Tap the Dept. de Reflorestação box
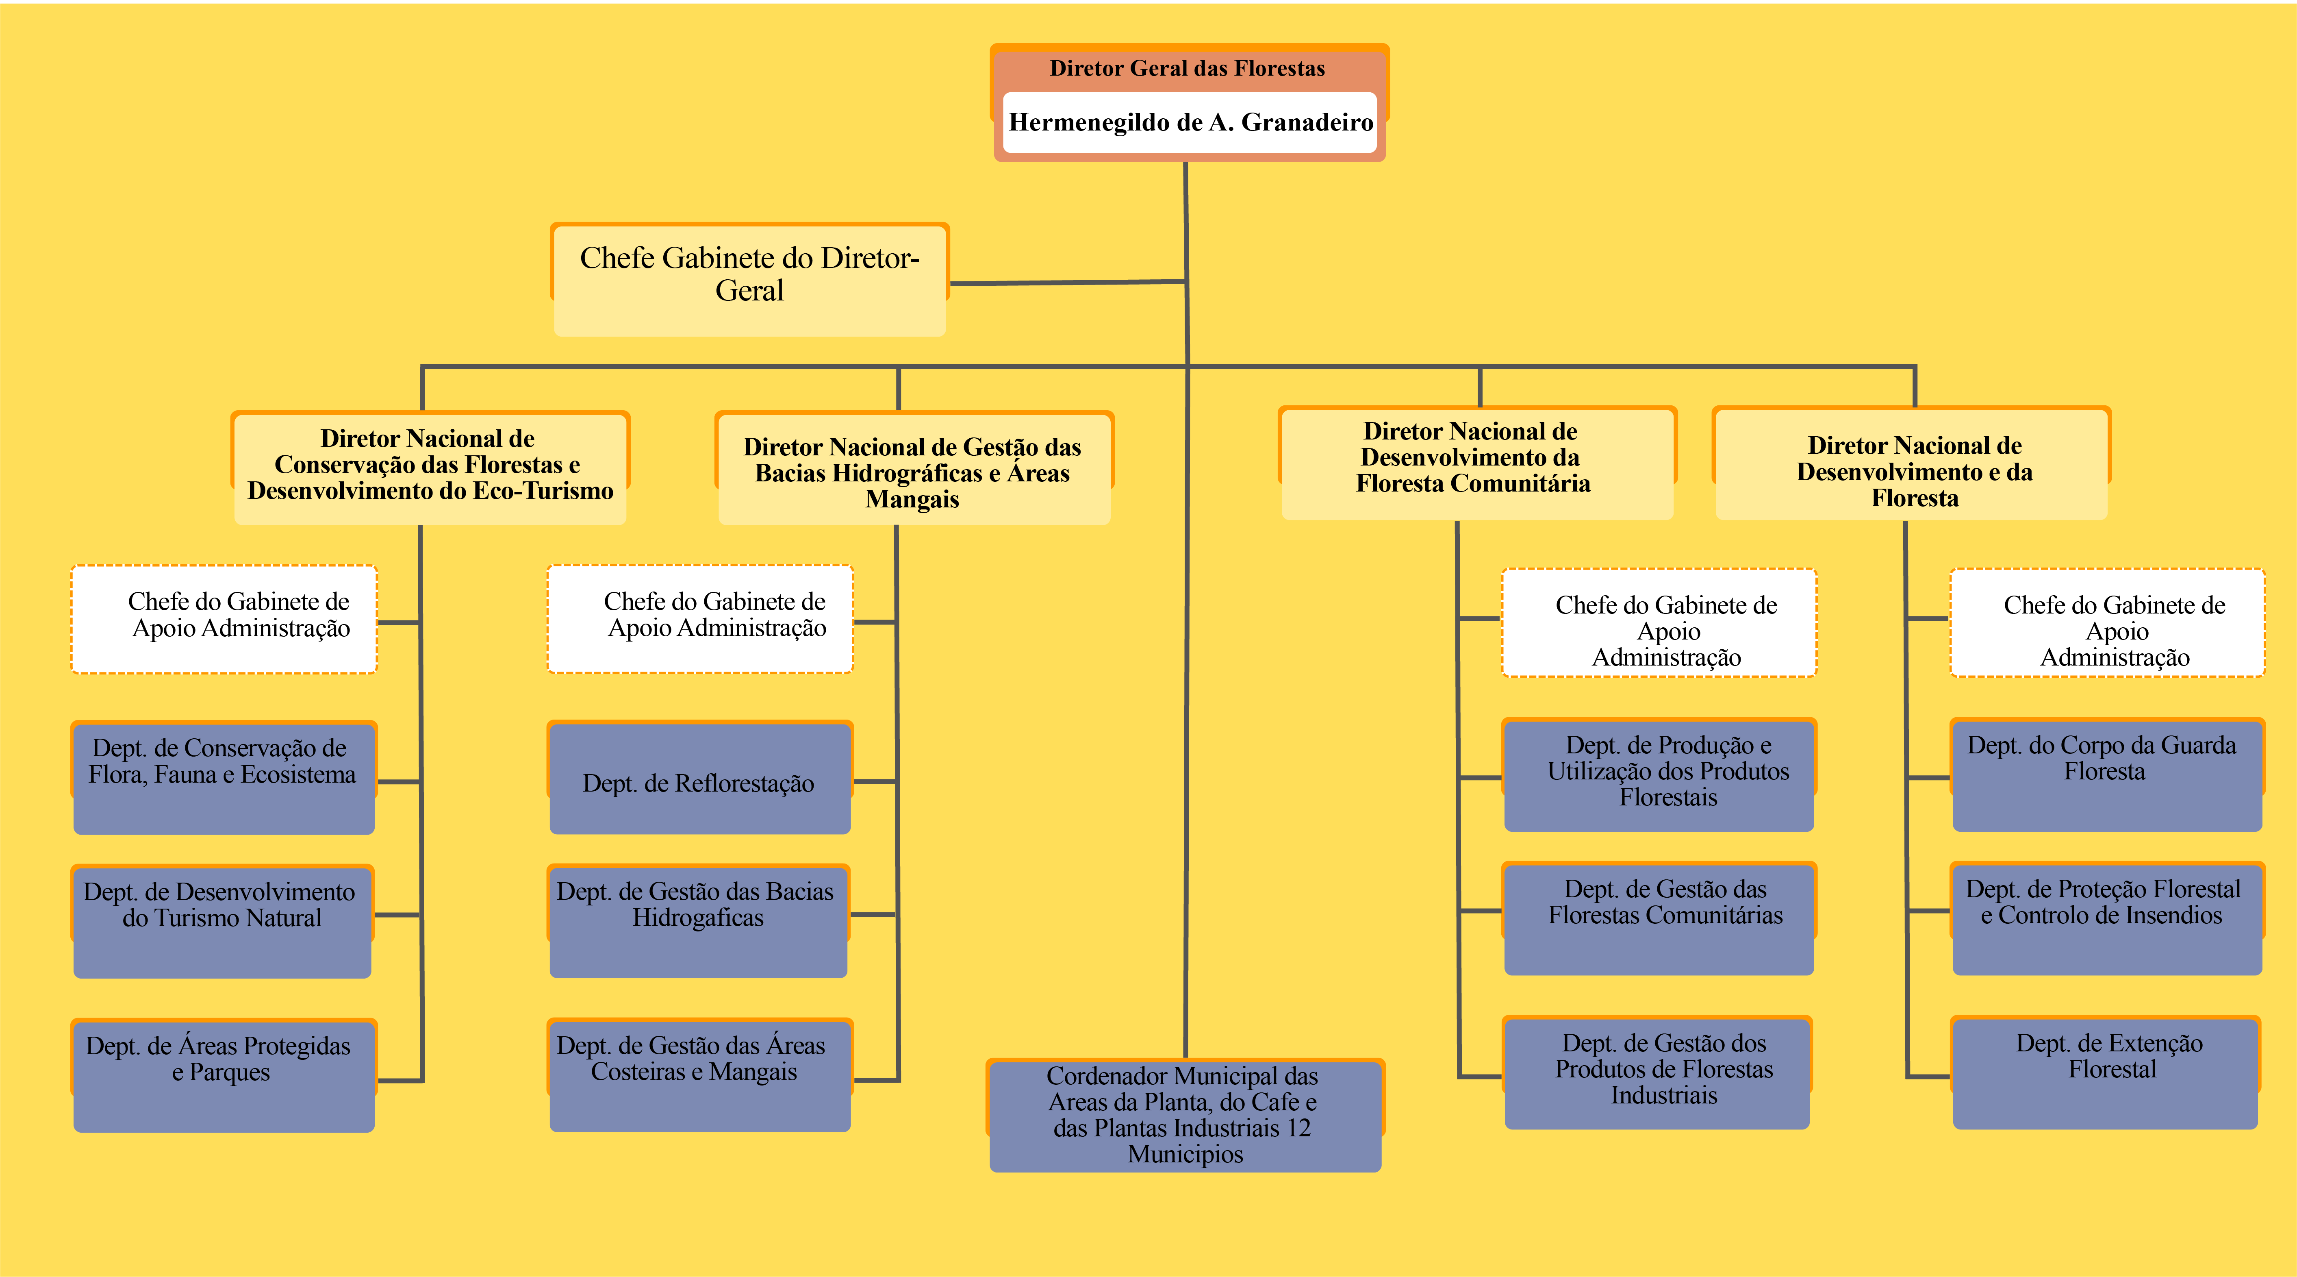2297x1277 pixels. pos(699,779)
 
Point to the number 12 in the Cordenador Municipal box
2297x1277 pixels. pos(1298,1128)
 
